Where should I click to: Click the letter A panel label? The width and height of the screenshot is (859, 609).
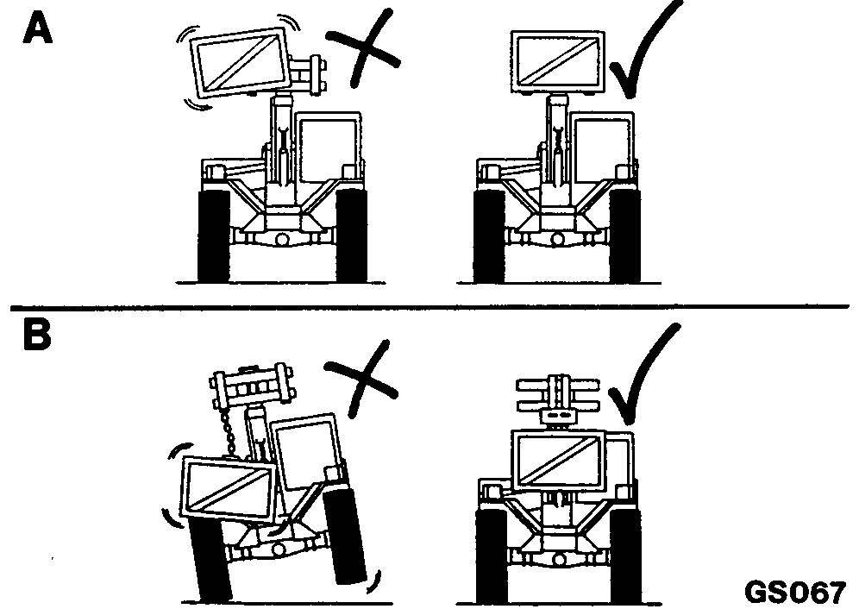coord(37,28)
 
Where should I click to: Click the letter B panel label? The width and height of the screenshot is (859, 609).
coord(37,334)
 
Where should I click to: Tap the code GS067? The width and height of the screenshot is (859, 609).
coord(795,592)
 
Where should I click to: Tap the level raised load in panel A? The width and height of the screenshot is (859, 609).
coord(558,61)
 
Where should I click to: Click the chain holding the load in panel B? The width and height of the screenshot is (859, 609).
coord(227,433)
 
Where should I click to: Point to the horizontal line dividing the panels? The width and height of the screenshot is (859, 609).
coord(429,306)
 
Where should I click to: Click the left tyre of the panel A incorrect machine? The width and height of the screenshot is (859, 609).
coord(213,235)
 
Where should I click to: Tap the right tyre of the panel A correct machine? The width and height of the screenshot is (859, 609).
coord(624,235)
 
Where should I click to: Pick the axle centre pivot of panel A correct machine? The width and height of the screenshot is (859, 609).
coord(558,239)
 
